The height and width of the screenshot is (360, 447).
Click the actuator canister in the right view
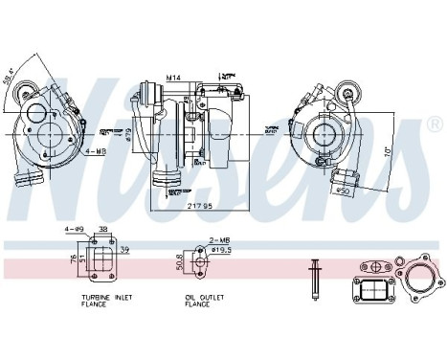342,177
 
